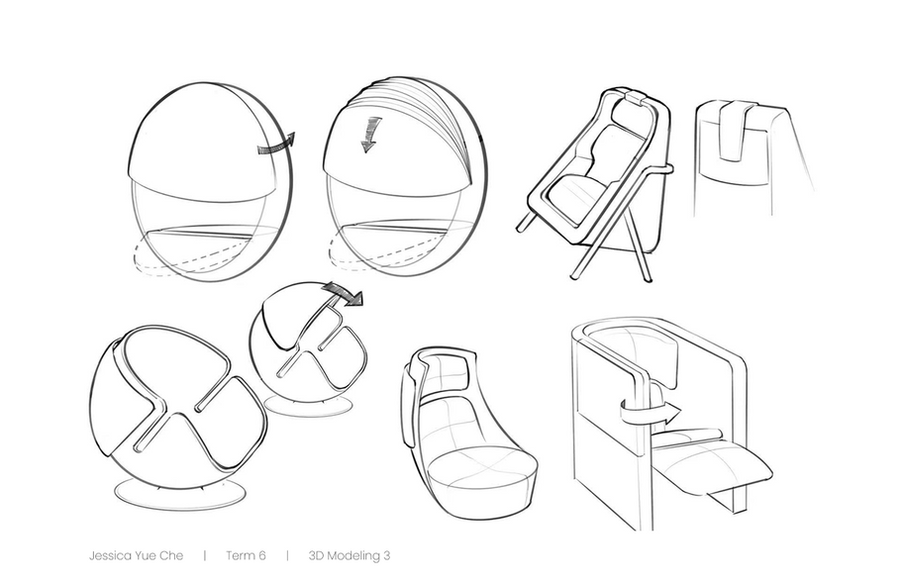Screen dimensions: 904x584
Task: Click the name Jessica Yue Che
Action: click(x=136, y=555)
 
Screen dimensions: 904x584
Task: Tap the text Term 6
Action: click(x=246, y=555)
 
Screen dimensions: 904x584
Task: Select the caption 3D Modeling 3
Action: click(x=350, y=555)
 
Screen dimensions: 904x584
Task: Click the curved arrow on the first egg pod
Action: click(x=275, y=146)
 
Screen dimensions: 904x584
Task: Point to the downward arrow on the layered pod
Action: click(x=370, y=134)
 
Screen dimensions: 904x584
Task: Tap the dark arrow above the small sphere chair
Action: click(x=344, y=293)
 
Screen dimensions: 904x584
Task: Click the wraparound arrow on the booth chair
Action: click(x=650, y=413)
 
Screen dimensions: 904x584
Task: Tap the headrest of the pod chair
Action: click(x=445, y=370)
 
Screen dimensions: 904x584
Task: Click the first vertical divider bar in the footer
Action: click(x=205, y=555)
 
